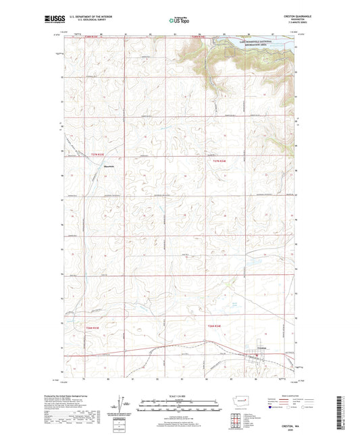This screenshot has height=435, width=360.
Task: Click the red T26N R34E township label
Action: [213, 326]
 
